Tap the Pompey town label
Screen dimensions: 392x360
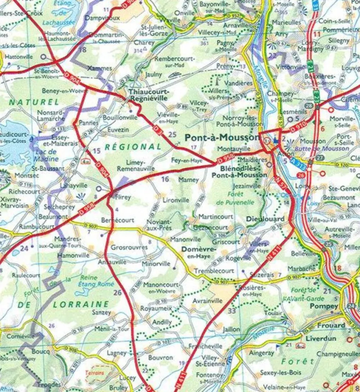point(324,306)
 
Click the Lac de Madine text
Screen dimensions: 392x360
point(47,155)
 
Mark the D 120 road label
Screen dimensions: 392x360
point(342,164)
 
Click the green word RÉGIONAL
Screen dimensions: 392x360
point(133,147)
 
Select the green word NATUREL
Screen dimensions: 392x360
point(34,102)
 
